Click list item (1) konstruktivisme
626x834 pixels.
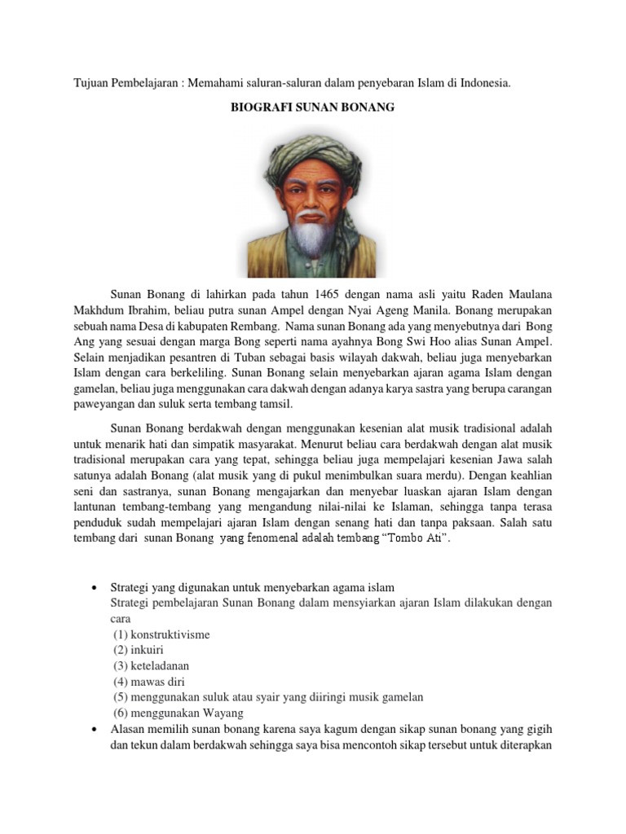click(x=161, y=634)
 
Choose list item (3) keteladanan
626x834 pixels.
click(x=152, y=665)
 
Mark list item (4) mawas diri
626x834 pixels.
click(x=145, y=681)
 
